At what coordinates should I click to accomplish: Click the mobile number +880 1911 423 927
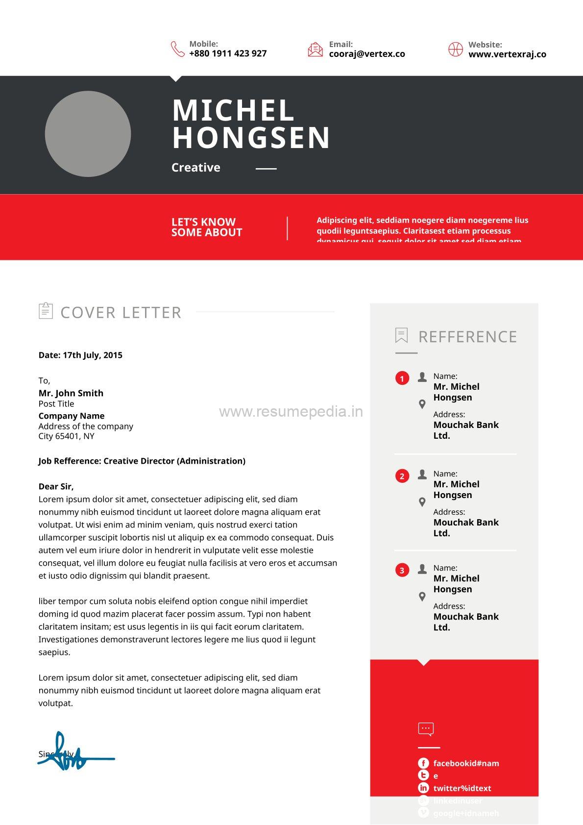[x=228, y=53]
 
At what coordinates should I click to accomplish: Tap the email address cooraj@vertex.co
[x=367, y=54]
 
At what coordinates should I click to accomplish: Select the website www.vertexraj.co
[x=507, y=54]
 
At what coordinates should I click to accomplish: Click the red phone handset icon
[x=177, y=49]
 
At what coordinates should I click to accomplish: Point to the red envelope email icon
[x=315, y=50]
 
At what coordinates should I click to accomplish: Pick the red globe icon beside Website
[x=455, y=50]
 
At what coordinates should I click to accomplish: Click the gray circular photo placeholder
[x=88, y=134]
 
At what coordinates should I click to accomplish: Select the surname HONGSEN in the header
[x=251, y=138]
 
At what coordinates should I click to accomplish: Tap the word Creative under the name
[x=195, y=168]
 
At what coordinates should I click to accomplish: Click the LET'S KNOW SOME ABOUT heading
[x=206, y=227]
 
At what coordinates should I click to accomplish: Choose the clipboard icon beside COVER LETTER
[x=46, y=311]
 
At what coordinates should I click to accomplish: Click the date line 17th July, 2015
[x=80, y=355]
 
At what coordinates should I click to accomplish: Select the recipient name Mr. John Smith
[x=71, y=393]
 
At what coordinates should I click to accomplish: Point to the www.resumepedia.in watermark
[x=291, y=412]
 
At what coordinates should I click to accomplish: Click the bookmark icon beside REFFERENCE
[x=401, y=336]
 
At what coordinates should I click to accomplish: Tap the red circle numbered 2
[x=402, y=476]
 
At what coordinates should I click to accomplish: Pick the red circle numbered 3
[x=402, y=570]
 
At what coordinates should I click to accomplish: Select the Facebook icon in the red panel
[x=423, y=763]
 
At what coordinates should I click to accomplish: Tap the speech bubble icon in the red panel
[x=426, y=729]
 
